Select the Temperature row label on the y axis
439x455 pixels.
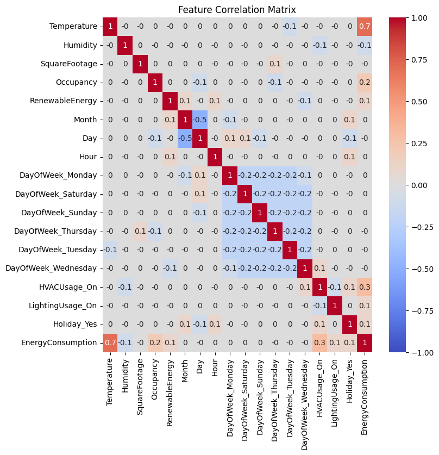coord(73,26)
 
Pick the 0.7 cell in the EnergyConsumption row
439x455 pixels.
coord(110,342)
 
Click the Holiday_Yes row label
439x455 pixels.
coord(78,324)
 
